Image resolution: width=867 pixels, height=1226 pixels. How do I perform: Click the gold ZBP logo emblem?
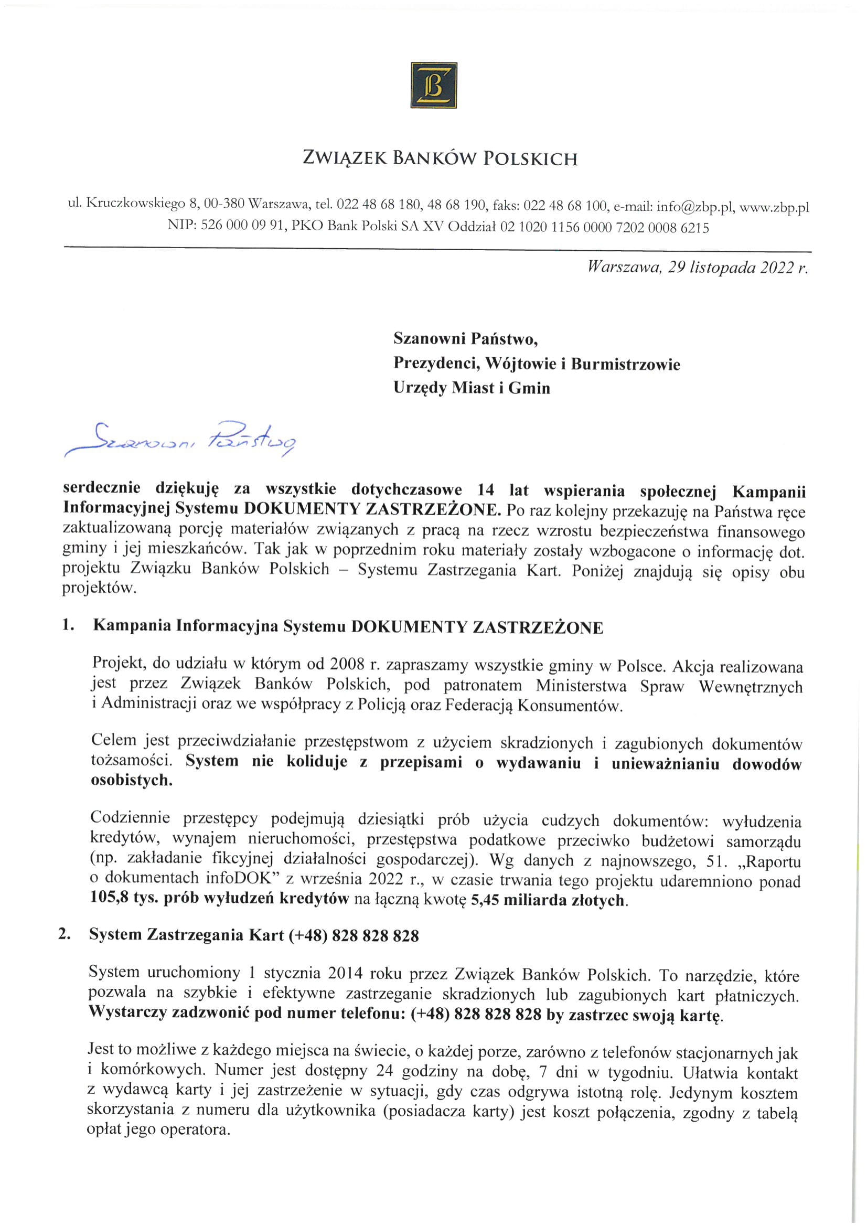[433, 86]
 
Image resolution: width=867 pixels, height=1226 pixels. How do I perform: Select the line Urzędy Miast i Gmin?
[472, 388]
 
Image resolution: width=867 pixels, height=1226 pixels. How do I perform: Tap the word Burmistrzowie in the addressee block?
[625, 364]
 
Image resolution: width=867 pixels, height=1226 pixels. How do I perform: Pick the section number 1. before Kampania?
[68, 626]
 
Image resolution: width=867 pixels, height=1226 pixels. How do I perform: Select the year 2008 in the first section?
[348, 665]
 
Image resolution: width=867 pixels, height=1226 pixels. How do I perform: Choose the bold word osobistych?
[132, 781]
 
